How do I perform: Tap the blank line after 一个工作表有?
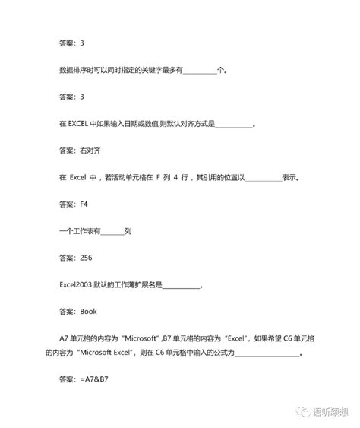[112, 231]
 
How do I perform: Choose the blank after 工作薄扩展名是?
[181, 285]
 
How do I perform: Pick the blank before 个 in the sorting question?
[199, 71]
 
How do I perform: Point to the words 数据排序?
[73, 71]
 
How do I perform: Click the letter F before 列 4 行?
[176, 178]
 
